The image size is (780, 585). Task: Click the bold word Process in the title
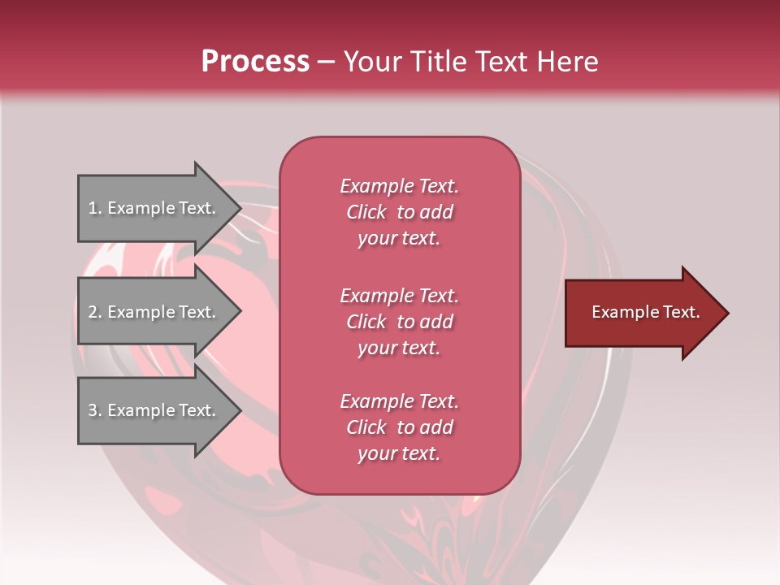[255, 62]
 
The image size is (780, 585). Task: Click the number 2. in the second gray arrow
[95, 312]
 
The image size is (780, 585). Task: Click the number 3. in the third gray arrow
[95, 410]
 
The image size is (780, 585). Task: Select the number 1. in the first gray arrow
[95, 208]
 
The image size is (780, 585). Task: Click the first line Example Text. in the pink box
[399, 186]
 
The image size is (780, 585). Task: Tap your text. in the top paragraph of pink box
[399, 238]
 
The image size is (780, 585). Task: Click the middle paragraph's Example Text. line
[399, 295]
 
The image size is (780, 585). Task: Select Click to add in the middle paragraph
[399, 322]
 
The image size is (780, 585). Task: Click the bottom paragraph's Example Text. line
[399, 401]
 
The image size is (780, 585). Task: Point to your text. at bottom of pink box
[399, 453]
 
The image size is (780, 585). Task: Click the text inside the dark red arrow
[645, 312]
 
